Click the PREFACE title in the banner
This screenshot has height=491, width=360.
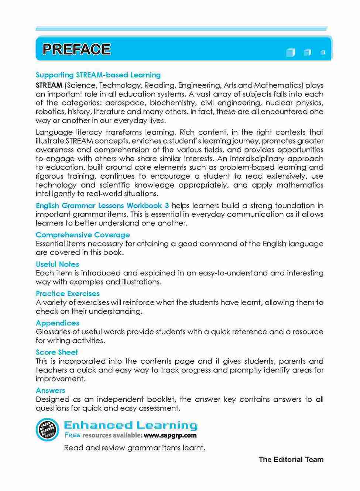76,49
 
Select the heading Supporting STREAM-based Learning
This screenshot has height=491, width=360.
98,75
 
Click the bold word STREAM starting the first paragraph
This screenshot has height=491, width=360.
49,85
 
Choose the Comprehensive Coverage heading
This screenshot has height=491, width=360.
83,235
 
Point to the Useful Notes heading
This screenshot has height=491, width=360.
57,264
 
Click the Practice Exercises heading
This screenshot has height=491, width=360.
68,293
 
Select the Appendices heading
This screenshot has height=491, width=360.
57,323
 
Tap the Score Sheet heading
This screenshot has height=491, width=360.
56,352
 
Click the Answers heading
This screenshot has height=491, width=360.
50,390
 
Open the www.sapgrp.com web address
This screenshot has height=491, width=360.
170,436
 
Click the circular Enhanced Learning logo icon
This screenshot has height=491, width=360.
47,430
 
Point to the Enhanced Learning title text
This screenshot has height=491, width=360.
131,425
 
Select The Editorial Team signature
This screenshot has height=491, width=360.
291,460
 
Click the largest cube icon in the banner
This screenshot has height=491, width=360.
291,52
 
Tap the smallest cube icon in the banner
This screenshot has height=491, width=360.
323,52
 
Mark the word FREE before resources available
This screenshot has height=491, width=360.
73,436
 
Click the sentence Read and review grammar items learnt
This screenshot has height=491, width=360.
134,448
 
